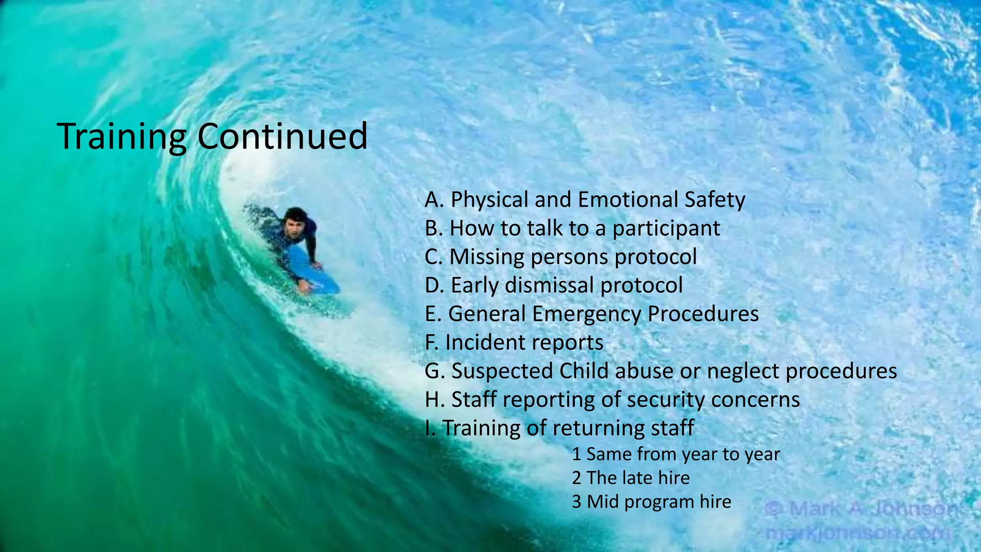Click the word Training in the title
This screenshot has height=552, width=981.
point(122,137)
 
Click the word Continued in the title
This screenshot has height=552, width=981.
point(282,137)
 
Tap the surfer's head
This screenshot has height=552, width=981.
point(295,221)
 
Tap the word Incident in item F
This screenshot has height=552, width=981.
point(482,343)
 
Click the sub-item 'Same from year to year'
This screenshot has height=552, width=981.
point(675,454)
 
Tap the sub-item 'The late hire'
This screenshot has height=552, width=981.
point(630,478)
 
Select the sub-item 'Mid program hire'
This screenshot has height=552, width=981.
point(651,502)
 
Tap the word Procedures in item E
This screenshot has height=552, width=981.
point(703,314)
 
